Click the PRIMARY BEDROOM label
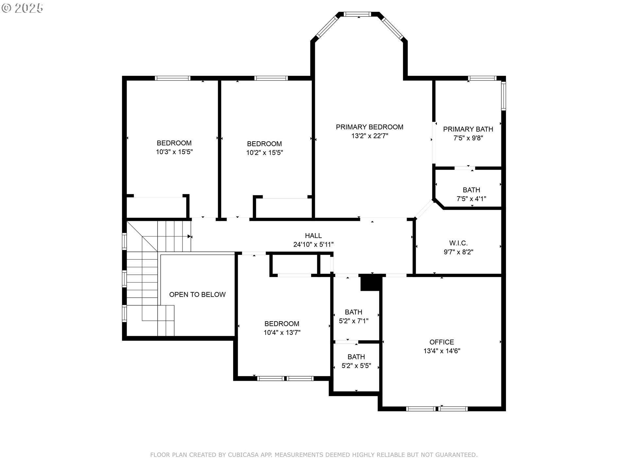click(369, 127)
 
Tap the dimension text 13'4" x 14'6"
click(442, 351)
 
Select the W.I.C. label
click(458, 243)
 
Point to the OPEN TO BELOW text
click(197, 294)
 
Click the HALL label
click(313, 235)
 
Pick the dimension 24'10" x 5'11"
click(313, 244)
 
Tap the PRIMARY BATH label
click(468, 129)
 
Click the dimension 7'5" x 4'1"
click(471, 199)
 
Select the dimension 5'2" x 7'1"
click(353, 321)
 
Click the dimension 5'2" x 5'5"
click(356, 366)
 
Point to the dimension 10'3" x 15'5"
click(174, 152)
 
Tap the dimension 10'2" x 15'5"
click(264, 152)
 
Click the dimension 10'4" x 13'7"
click(282, 333)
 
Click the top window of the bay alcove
click(358, 14)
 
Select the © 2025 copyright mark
click(22, 8)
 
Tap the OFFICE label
click(442, 342)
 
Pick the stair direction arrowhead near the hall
click(189, 236)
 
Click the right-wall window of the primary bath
click(503, 96)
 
